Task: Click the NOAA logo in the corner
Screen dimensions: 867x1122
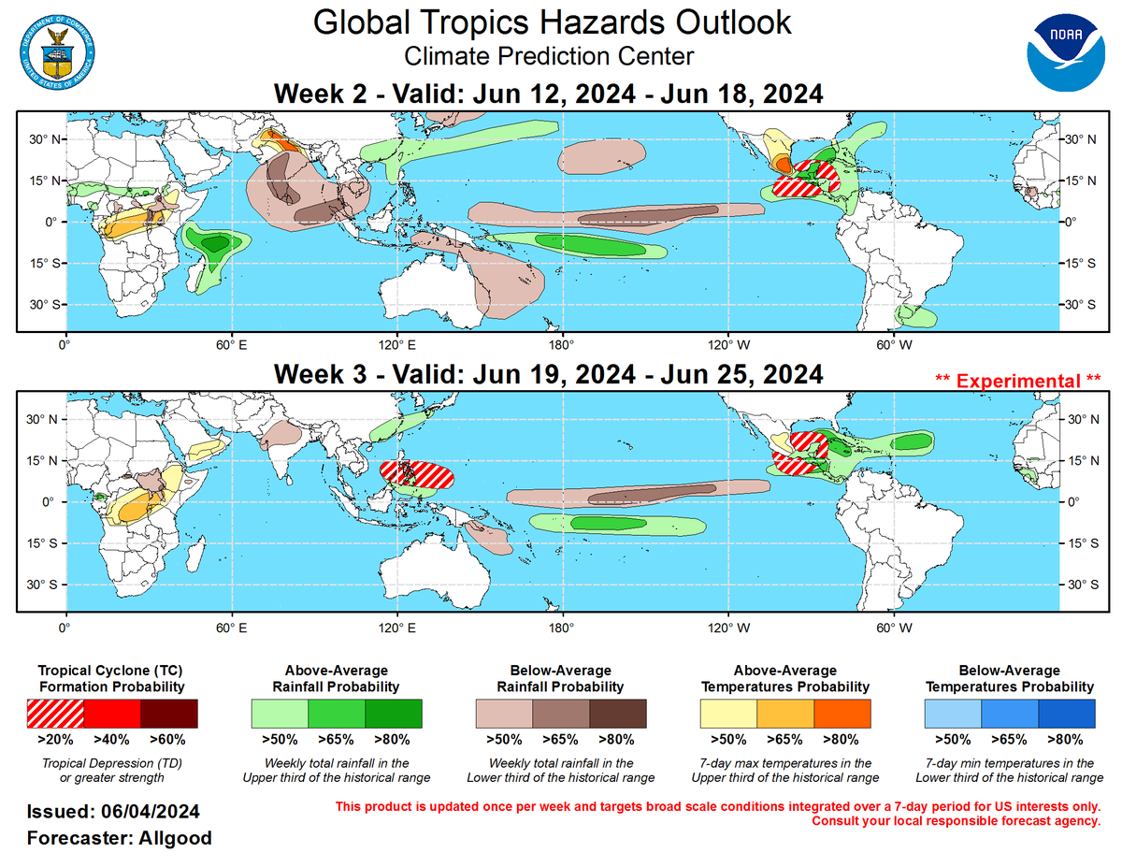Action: [x=1064, y=52]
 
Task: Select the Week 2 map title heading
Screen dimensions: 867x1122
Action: [x=548, y=94]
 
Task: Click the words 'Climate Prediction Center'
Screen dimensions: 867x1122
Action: [x=549, y=56]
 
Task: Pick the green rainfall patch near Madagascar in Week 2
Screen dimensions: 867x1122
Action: [x=217, y=245]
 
